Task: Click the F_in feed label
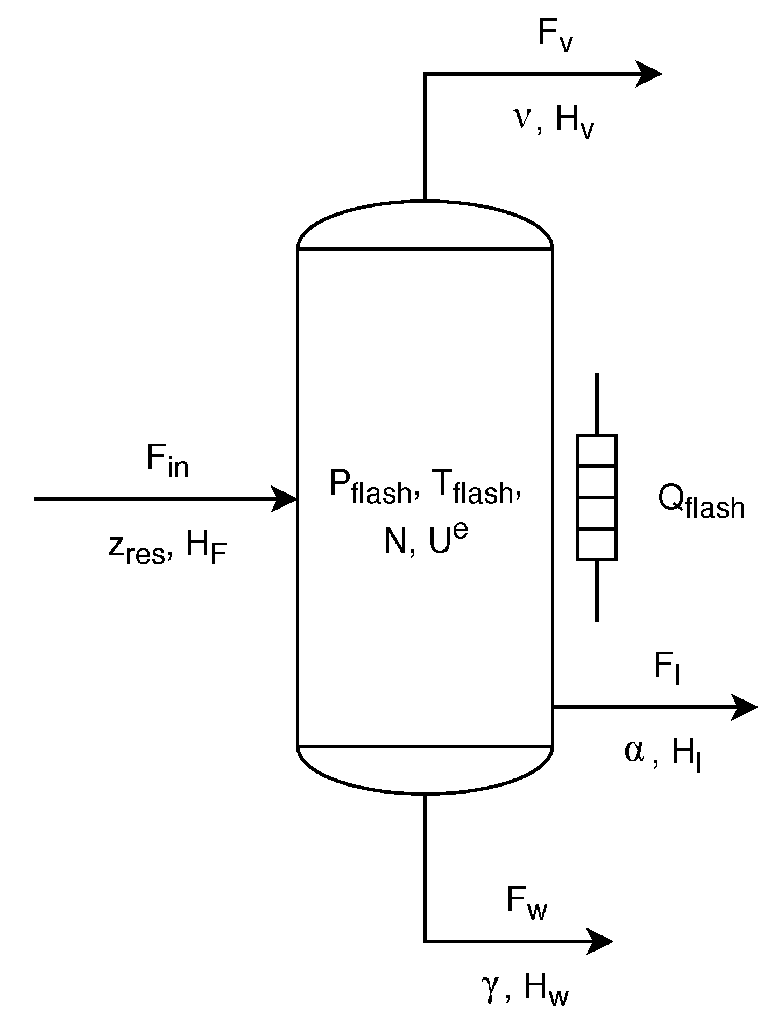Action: (x=167, y=462)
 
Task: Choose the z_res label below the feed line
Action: (x=136, y=548)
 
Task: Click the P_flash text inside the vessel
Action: (x=369, y=487)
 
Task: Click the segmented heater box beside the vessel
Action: (x=597, y=498)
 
